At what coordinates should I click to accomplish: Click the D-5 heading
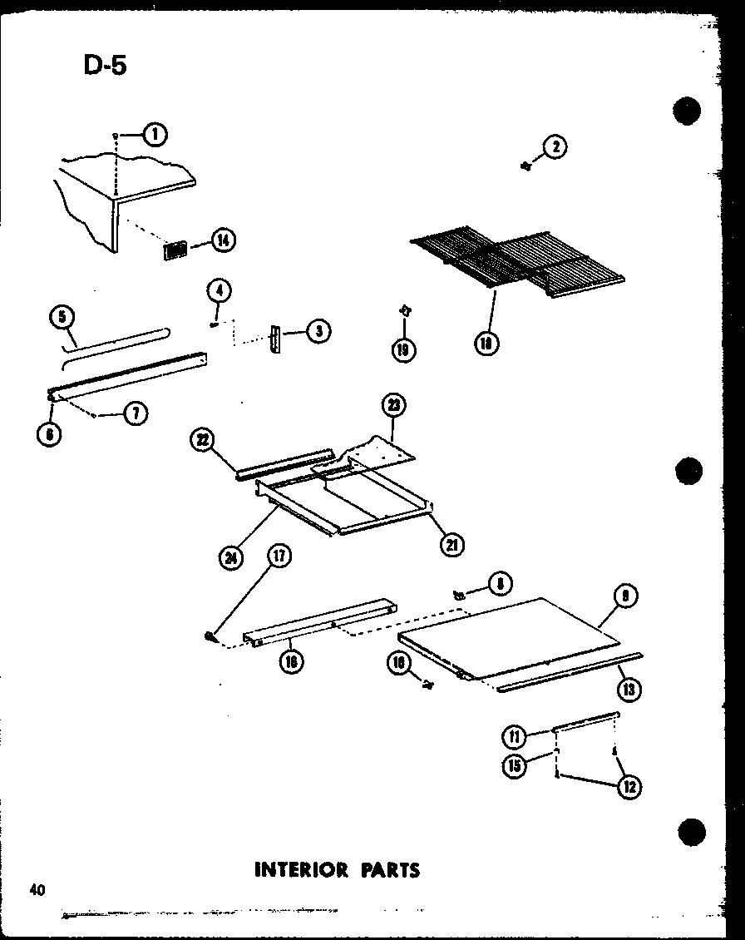(x=106, y=65)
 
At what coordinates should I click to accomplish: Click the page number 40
(x=36, y=890)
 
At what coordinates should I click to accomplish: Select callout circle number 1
(x=154, y=135)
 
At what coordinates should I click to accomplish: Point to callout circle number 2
(x=555, y=147)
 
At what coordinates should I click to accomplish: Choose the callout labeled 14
(x=223, y=240)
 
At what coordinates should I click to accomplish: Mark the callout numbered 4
(x=220, y=291)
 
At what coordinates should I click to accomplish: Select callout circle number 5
(x=62, y=316)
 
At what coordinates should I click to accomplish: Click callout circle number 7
(x=135, y=413)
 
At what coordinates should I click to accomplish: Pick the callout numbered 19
(x=404, y=349)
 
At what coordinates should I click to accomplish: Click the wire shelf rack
(x=520, y=262)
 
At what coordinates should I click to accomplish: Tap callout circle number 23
(x=392, y=407)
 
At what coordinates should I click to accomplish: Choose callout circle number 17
(x=279, y=557)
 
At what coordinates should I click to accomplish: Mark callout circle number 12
(x=629, y=786)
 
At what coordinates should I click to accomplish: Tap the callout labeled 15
(x=515, y=764)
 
